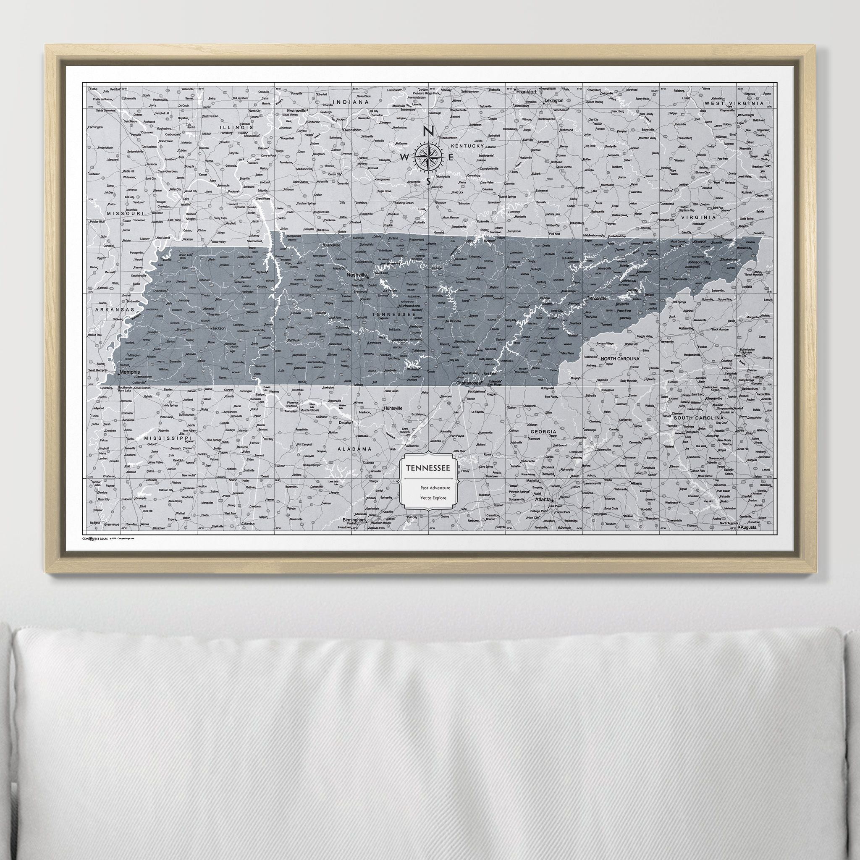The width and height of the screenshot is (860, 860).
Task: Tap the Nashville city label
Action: (x=357, y=275)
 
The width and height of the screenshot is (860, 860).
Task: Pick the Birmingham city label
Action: (x=354, y=520)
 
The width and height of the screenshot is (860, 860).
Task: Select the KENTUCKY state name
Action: (x=467, y=146)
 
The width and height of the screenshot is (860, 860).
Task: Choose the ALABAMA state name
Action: (x=354, y=449)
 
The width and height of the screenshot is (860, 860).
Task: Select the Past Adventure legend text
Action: (x=435, y=488)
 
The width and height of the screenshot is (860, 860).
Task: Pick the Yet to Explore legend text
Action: (x=433, y=498)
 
